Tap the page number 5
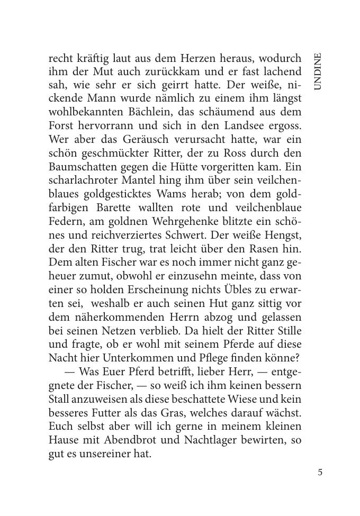click(x=320, y=473)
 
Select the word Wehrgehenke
click(x=173, y=221)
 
